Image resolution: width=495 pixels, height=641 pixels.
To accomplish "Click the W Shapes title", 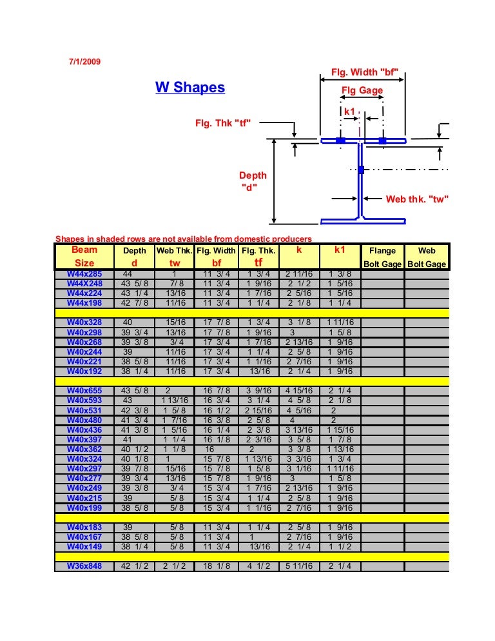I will pyautogui.click(x=190, y=87).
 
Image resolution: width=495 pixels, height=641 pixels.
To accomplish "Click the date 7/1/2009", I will pyautogui.click(x=84, y=62).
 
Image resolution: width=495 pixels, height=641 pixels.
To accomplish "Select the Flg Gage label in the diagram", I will pyautogui.click(x=362, y=91).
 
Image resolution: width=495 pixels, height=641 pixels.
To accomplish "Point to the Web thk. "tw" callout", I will pyautogui.click(x=416, y=199).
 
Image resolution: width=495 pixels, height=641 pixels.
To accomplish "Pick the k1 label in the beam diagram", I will pyautogui.click(x=350, y=112).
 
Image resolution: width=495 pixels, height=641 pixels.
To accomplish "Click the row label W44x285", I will pyautogui.click(x=84, y=274).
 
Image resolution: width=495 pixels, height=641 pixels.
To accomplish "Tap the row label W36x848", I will pyautogui.click(x=84, y=567).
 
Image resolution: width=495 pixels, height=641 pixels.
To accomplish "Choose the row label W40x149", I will pyautogui.click(x=84, y=547).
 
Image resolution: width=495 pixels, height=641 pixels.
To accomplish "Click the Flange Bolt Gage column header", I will pyautogui.click(x=383, y=257).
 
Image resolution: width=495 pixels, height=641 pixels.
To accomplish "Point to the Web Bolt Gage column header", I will pyautogui.click(x=427, y=257).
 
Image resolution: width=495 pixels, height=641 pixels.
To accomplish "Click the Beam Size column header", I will pyautogui.click(x=84, y=257).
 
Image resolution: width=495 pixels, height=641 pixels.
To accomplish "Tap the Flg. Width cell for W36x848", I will pyautogui.click(x=217, y=567).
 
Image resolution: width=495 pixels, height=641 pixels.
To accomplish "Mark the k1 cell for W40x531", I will pyautogui.click(x=340, y=411).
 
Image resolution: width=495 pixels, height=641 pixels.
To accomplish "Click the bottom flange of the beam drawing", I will pyautogui.click(x=364, y=221).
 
